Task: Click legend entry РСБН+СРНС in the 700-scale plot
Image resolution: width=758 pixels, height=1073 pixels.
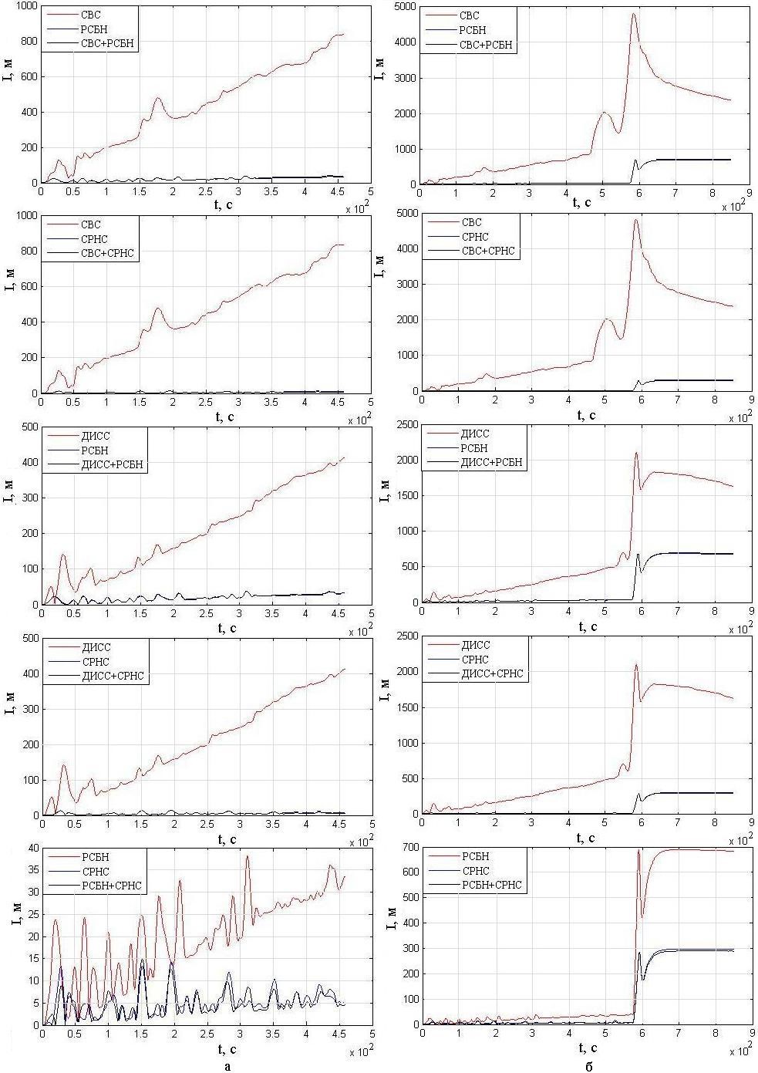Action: tap(490, 885)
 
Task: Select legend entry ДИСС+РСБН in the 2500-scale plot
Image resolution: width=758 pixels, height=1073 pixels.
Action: tap(490, 463)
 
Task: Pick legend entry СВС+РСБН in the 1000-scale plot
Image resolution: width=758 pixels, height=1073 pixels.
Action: tap(108, 43)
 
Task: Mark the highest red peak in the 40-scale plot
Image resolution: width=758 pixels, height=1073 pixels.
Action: tap(248, 855)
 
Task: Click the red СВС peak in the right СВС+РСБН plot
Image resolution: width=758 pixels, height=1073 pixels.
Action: tap(634, 13)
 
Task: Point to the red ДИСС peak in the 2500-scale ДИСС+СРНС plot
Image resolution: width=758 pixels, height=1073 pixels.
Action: tap(636, 664)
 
